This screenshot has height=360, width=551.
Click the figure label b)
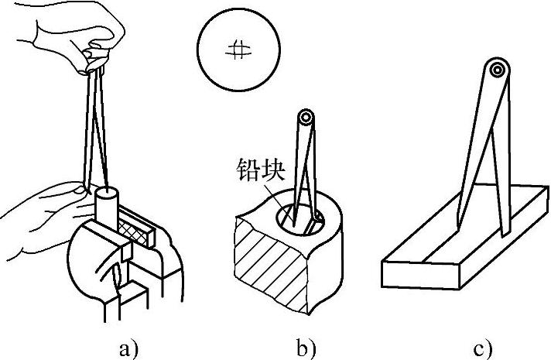[x=306, y=347]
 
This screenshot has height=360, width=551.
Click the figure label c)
[x=482, y=347]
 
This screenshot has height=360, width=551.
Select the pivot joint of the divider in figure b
[x=307, y=118]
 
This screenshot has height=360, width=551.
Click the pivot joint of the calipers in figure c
[x=498, y=71]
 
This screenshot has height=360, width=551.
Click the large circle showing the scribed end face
[x=238, y=51]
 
